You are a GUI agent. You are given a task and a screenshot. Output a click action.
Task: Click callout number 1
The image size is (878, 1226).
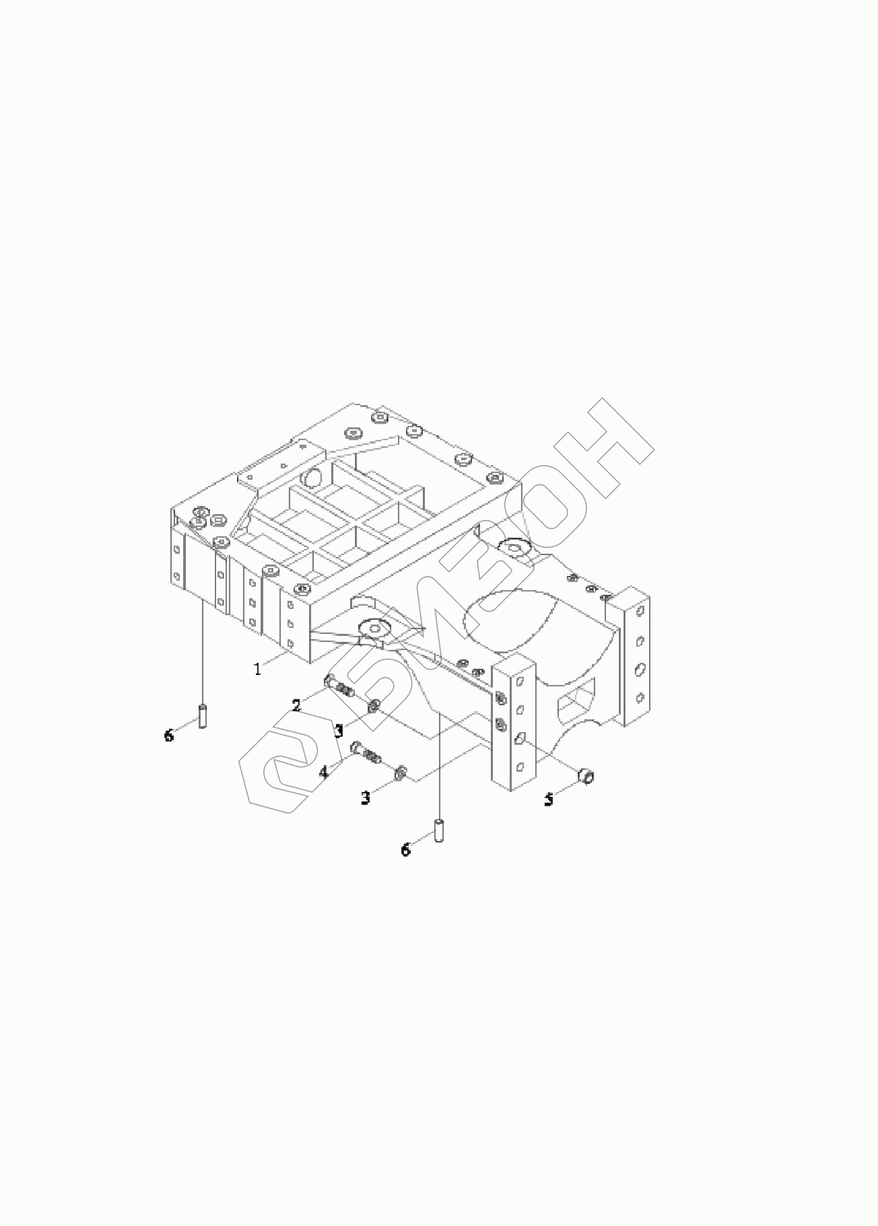[x=258, y=669]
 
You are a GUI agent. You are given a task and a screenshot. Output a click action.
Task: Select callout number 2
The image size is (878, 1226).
[x=296, y=705]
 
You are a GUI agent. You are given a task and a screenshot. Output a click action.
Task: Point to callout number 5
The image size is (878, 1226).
[x=549, y=799]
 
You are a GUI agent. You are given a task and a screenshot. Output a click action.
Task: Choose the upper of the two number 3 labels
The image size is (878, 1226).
[x=338, y=730]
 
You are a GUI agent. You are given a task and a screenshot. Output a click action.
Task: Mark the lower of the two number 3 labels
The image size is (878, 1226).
[x=365, y=798]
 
